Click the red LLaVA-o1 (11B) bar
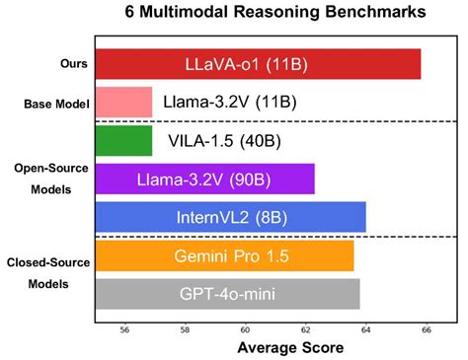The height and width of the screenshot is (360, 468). pos(257,64)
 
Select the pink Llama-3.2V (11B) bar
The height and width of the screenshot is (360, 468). pos(123,102)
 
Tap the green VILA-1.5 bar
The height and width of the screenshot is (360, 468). pos(123,140)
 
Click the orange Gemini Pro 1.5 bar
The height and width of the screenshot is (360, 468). pos(224,255)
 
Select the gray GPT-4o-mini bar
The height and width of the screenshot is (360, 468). pos(227,293)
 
